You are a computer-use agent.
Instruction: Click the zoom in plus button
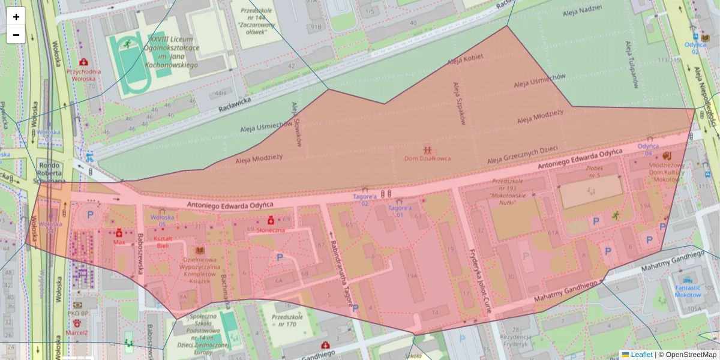(x=16, y=16)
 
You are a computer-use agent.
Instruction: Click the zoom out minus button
(x=16, y=35)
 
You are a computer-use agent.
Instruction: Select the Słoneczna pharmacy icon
(x=271, y=220)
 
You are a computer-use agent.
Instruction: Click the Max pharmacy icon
(x=119, y=233)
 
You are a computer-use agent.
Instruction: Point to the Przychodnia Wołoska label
(x=83, y=74)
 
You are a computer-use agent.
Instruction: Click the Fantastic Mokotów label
(x=688, y=291)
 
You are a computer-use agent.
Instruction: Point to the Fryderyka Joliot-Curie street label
(x=479, y=281)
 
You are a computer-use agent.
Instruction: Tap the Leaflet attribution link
(x=641, y=355)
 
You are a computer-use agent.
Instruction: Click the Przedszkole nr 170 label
(x=284, y=320)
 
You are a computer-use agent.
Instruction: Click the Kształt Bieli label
(x=163, y=242)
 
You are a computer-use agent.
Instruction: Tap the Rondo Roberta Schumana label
(x=50, y=173)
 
